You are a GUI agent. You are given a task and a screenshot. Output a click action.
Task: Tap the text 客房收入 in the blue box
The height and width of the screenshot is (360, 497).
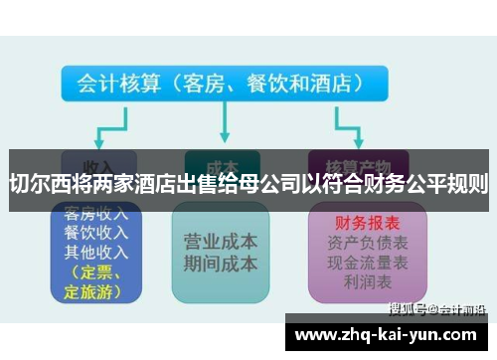click(x=95, y=214)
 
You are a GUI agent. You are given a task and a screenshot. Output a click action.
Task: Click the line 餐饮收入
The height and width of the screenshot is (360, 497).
click(x=95, y=232)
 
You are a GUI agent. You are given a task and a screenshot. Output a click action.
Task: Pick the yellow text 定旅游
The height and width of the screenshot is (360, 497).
click(x=92, y=291)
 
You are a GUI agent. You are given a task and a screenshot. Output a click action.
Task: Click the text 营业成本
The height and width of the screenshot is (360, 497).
click(x=221, y=242)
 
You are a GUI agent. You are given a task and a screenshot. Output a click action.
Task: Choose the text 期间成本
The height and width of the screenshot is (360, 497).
click(x=221, y=264)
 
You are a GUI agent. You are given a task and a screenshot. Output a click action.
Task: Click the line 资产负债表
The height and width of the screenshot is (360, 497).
click(x=360, y=243)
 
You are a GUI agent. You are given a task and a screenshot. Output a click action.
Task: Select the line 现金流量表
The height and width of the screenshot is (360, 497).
click(x=360, y=262)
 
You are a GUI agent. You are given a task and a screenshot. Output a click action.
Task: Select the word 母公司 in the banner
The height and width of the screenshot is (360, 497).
click(x=276, y=182)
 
